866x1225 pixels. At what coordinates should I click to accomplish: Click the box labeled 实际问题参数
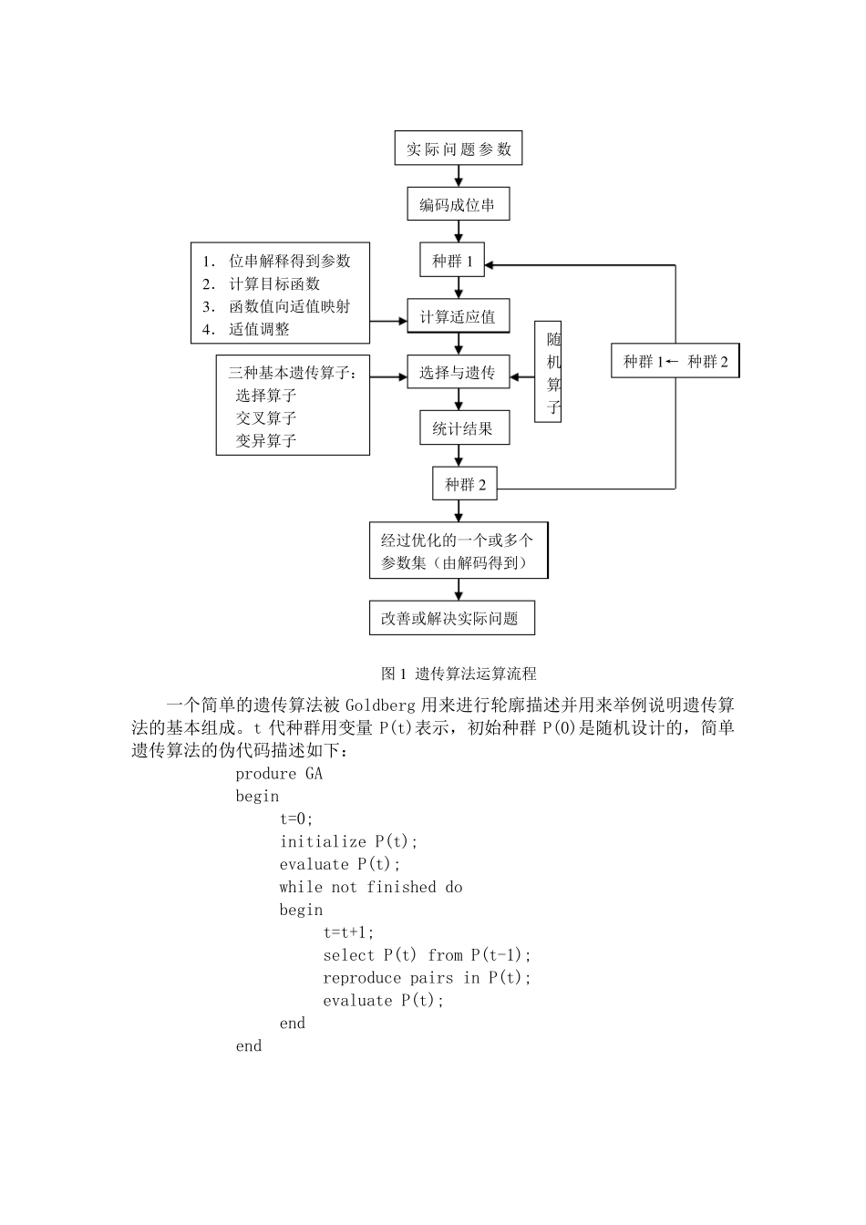pyautogui.click(x=458, y=149)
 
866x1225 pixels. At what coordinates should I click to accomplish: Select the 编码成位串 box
pyautogui.click(x=458, y=205)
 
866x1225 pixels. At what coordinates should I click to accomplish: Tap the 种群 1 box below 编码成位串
pyautogui.click(x=453, y=262)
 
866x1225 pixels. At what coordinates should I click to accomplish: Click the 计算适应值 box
pyautogui.click(x=458, y=317)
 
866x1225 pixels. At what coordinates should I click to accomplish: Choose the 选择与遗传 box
pyautogui.click(x=458, y=373)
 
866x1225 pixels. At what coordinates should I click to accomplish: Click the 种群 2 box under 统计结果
pyautogui.click(x=465, y=484)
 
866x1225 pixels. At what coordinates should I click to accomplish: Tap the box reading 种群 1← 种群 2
pyautogui.click(x=675, y=361)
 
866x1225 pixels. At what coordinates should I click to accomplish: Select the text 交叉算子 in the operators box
pyautogui.click(x=266, y=417)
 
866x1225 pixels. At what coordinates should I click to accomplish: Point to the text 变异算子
pyautogui.click(x=266, y=440)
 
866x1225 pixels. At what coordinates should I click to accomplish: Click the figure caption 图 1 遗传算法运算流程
pyautogui.click(x=459, y=674)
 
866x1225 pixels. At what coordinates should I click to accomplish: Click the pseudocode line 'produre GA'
pyautogui.click(x=279, y=774)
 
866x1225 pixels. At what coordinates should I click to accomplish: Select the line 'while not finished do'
pyautogui.click(x=371, y=887)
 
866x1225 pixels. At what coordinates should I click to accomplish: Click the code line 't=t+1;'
pyautogui.click(x=349, y=932)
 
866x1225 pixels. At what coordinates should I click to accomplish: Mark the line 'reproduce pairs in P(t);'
pyautogui.click(x=427, y=978)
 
